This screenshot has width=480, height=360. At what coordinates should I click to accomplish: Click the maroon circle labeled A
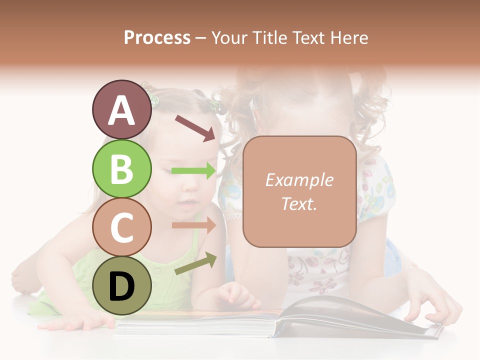pos(122,109)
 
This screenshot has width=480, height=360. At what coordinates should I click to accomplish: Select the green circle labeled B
pos(122,168)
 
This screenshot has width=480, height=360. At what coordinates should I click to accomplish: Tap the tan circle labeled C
pos(122,227)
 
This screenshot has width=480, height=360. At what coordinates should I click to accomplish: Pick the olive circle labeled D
pos(122,285)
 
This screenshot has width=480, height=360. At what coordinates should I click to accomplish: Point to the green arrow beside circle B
pos(194,171)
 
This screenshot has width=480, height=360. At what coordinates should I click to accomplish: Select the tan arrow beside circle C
pos(194,225)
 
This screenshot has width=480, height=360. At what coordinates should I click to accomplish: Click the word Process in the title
pos(157,37)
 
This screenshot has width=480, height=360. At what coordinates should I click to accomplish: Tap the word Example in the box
pos(299,180)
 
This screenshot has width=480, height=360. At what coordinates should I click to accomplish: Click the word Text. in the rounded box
pos(299,203)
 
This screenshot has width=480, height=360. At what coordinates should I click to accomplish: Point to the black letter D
pos(122,286)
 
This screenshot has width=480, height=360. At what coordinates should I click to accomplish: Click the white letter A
pos(122,110)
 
